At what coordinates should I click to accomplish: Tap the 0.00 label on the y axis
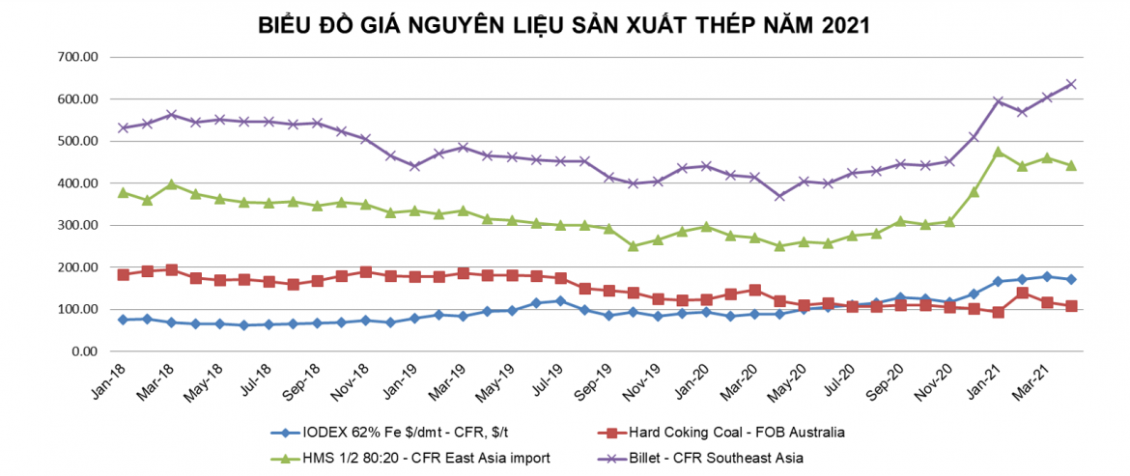coord(87,351)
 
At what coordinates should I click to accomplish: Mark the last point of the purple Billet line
coord(1070,84)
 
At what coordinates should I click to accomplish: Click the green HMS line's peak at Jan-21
coord(998,152)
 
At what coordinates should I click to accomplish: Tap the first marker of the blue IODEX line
coord(123,320)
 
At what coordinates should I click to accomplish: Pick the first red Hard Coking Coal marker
coord(123,275)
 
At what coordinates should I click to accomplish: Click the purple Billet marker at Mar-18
coord(171,115)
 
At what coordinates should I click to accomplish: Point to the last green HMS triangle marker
coord(1070,165)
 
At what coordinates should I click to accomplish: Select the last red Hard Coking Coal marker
coord(1070,306)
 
